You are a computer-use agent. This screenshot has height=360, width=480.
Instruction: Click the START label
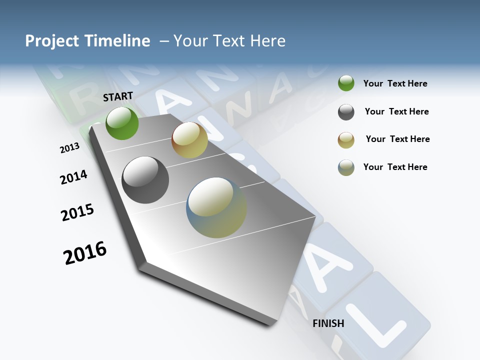pyautogui.click(x=118, y=96)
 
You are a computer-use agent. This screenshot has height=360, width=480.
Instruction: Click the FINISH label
pyautogui.click(x=328, y=323)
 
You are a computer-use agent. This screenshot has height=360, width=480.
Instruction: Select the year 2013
pyautogui.click(x=69, y=147)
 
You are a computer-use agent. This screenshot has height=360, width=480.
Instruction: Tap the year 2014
pyautogui.click(x=73, y=177)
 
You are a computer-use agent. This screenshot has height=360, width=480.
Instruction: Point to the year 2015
pyautogui.click(x=77, y=212)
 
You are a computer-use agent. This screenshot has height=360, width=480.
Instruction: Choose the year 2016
pyautogui.click(x=85, y=253)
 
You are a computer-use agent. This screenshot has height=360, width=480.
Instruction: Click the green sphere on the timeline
pyautogui.click(x=122, y=123)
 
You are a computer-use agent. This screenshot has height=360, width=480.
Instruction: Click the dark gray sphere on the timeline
pyautogui.click(x=145, y=180)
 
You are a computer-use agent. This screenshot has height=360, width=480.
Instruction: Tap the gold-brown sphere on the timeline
pyautogui.click(x=189, y=140)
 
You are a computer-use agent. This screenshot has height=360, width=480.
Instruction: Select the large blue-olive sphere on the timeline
pyautogui.click(x=216, y=207)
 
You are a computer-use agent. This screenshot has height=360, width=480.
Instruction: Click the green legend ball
pyautogui.click(x=346, y=83)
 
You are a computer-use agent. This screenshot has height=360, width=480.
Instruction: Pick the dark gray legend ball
pyautogui.click(x=346, y=112)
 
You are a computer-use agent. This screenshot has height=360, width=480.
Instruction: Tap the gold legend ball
pyautogui.click(x=346, y=140)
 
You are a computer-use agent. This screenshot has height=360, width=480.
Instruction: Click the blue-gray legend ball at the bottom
pyautogui.click(x=346, y=167)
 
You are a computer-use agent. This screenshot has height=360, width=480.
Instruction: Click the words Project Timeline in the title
pyautogui.click(x=87, y=41)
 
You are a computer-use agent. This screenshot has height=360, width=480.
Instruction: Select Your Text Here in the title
pyautogui.click(x=229, y=41)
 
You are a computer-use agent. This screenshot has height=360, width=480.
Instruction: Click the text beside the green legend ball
pyautogui.click(x=395, y=83)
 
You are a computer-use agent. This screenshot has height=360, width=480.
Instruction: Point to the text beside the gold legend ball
pyautogui.click(x=397, y=139)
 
